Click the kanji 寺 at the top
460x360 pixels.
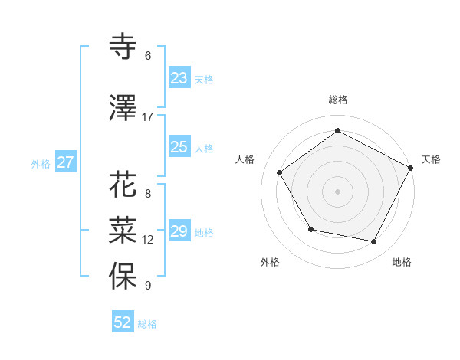(123, 46)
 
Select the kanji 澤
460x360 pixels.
(123, 108)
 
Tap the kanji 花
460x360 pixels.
(123, 185)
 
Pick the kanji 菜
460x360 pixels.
(123, 229)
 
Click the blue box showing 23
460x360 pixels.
(179, 78)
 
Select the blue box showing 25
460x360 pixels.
(179, 148)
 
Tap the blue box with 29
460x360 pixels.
(179, 232)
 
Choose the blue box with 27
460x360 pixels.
(66, 162)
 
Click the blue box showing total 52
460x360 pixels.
(123, 322)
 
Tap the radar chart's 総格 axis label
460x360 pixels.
(337, 100)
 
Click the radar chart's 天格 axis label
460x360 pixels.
(431, 159)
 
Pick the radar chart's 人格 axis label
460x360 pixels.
(245, 159)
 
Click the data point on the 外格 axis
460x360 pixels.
(310, 229)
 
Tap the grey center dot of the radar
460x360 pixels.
(337, 191)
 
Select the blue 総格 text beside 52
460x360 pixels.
(147, 324)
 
